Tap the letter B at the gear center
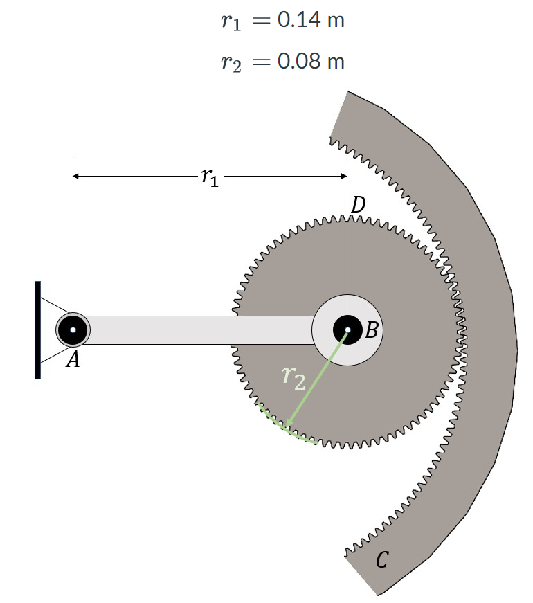(x=371, y=330)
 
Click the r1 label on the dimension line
(x=209, y=178)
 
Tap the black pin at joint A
(x=72, y=330)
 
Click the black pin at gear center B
(x=347, y=330)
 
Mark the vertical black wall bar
(x=37, y=330)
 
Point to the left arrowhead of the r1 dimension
(x=77, y=177)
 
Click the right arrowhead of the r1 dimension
(x=343, y=177)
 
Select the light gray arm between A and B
(x=201, y=330)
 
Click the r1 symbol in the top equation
(x=231, y=21)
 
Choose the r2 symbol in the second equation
(x=231, y=62)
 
